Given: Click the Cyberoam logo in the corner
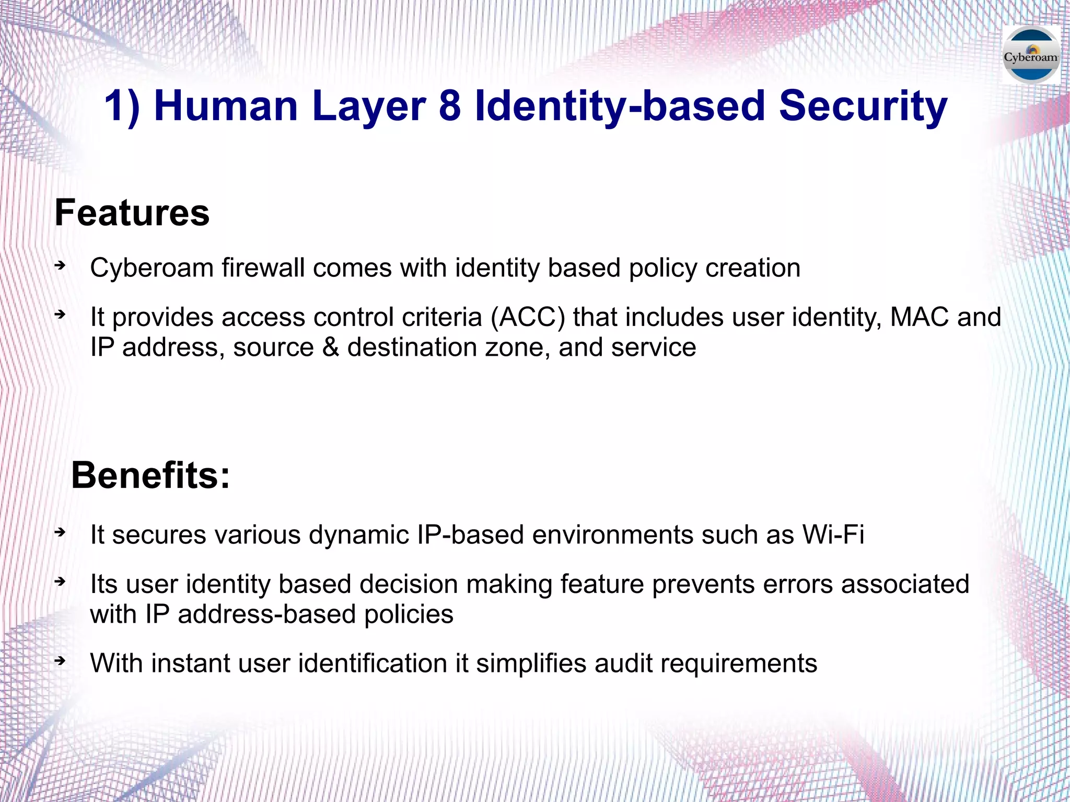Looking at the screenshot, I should click(1031, 55).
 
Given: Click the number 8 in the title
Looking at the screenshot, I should click(450, 106).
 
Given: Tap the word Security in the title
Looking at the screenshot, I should click(863, 106).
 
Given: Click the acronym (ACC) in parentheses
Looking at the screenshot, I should click(528, 317).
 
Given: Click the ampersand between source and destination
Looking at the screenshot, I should click(330, 347).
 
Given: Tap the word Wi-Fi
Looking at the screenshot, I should click(833, 534).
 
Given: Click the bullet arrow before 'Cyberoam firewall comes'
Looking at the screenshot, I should click(60, 266).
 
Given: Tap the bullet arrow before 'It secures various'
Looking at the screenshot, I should click(60, 532).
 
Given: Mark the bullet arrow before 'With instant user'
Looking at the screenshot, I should click(60, 661).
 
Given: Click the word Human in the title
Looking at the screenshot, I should click(226, 106).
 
